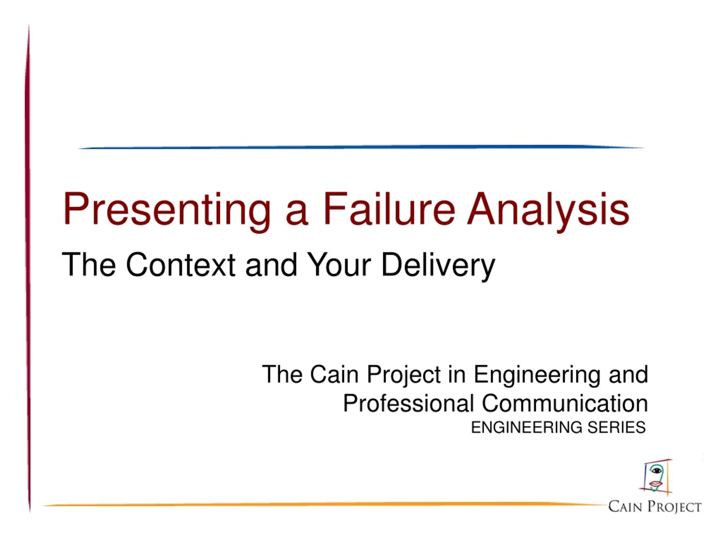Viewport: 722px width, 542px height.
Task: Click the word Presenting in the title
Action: pos(167,211)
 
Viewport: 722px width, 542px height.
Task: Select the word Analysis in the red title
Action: pos(548,211)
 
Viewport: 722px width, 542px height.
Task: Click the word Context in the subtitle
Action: pos(180,264)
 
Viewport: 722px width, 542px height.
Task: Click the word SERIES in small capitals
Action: pos(617,427)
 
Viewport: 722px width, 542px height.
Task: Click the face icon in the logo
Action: pos(655,477)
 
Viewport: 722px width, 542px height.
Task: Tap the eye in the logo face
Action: pos(656,471)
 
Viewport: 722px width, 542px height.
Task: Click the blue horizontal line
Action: pos(361,147)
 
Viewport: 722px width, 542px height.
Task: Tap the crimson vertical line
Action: pos(28,268)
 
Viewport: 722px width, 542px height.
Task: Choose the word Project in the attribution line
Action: pos(404,375)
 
